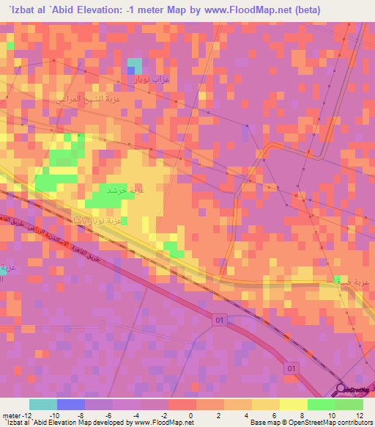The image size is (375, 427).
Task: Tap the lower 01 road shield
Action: coord(292,367)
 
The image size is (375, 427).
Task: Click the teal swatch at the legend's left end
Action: coord(42,404)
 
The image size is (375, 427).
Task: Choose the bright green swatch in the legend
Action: coord(321,404)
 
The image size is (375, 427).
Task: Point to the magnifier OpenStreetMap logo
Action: coord(341,390)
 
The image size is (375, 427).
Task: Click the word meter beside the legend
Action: coord(12,415)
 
